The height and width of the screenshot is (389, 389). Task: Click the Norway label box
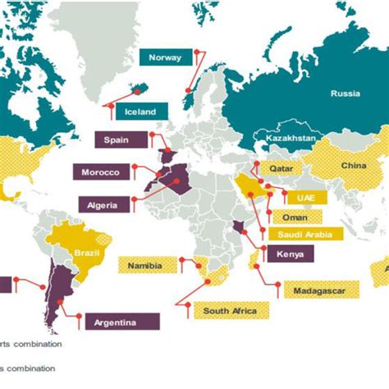tap(165, 57)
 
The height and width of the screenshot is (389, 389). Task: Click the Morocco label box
tap(100, 172)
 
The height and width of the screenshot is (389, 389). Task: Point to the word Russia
tap(345, 93)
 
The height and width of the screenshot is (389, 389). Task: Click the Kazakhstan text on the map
tap(284, 139)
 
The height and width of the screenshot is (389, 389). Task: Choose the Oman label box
tap(295, 217)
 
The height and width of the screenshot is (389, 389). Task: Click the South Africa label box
tap(230, 310)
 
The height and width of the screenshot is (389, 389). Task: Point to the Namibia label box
tap(144, 264)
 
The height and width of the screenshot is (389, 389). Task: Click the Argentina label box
tap(115, 322)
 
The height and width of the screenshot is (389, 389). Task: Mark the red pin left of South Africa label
tap(186, 307)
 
